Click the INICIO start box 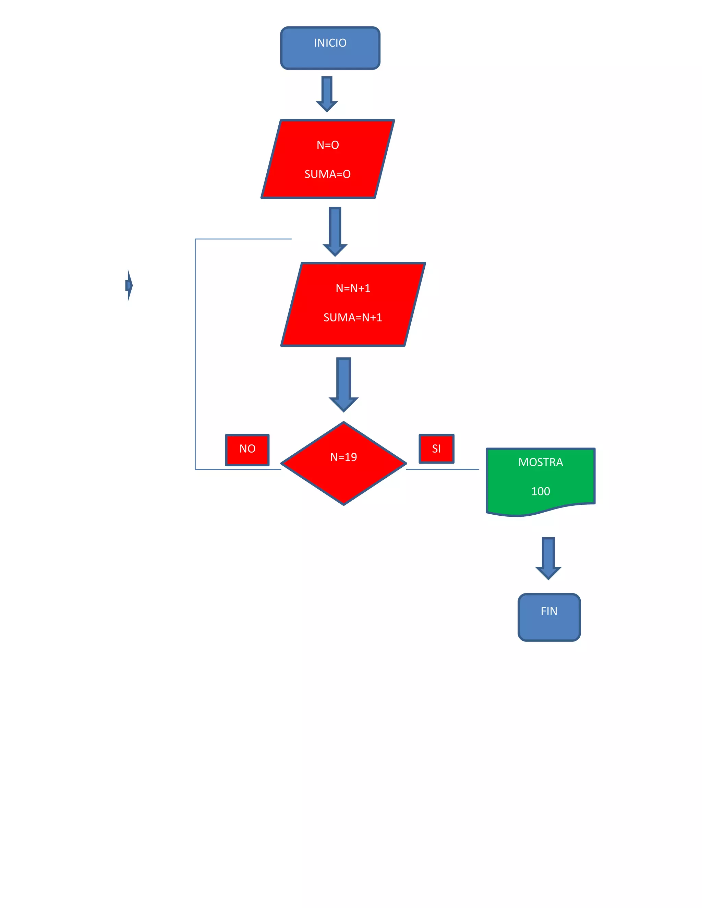(x=330, y=48)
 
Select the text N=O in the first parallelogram (x=328, y=145)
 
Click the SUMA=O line (x=327, y=174)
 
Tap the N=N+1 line (x=353, y=289)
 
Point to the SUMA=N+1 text (x=353, y=318)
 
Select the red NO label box (x=247, y=450)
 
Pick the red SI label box (x=436, y=449)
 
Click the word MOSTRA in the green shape (x=540, y=462)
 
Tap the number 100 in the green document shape (x=540, y=491)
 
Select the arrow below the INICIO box (x=327, y=94)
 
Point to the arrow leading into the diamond (x=343, y=384)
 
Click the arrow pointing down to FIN (x=548, y=558)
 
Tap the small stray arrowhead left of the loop (x=129, y=285)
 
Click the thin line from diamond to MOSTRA (x=442, y=469)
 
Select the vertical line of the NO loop (x=195, y=353)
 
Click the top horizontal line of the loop (x=243, y=239)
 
